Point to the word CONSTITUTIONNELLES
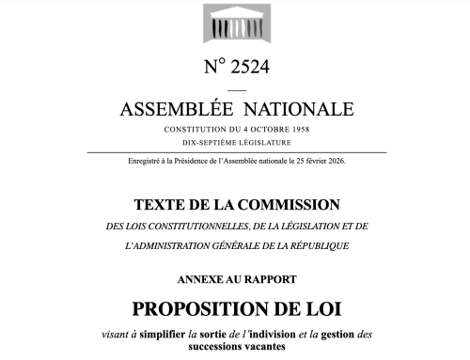coord(198,226)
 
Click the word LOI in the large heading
coord(320,307)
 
